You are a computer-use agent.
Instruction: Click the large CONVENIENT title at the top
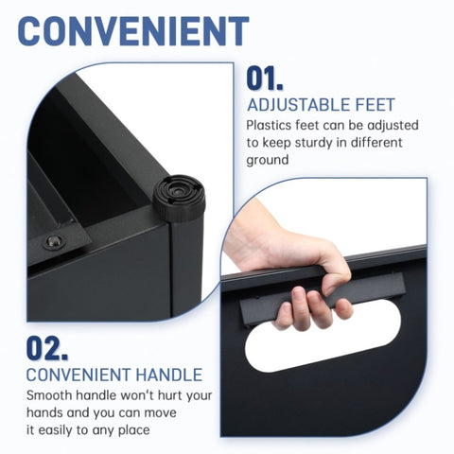click(x=133, y=31)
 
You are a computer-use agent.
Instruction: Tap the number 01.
click(x=265, y=79)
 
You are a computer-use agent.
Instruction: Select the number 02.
click(x=47, y=348)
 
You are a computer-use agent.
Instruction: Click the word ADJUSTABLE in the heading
click(x=290, y=105)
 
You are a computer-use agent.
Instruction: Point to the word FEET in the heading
click(x=368, y=105)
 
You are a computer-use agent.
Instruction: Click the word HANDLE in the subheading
click(x=169, y=375)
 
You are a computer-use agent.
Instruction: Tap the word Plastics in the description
click(x=269, y=125)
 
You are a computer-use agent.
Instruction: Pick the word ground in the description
click(x=268, y=161)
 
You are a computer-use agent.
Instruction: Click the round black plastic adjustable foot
click(x=179, y=198)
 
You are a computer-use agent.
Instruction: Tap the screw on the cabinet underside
click(x=54, y=241)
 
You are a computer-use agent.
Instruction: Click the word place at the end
click(x=134, y=430)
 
